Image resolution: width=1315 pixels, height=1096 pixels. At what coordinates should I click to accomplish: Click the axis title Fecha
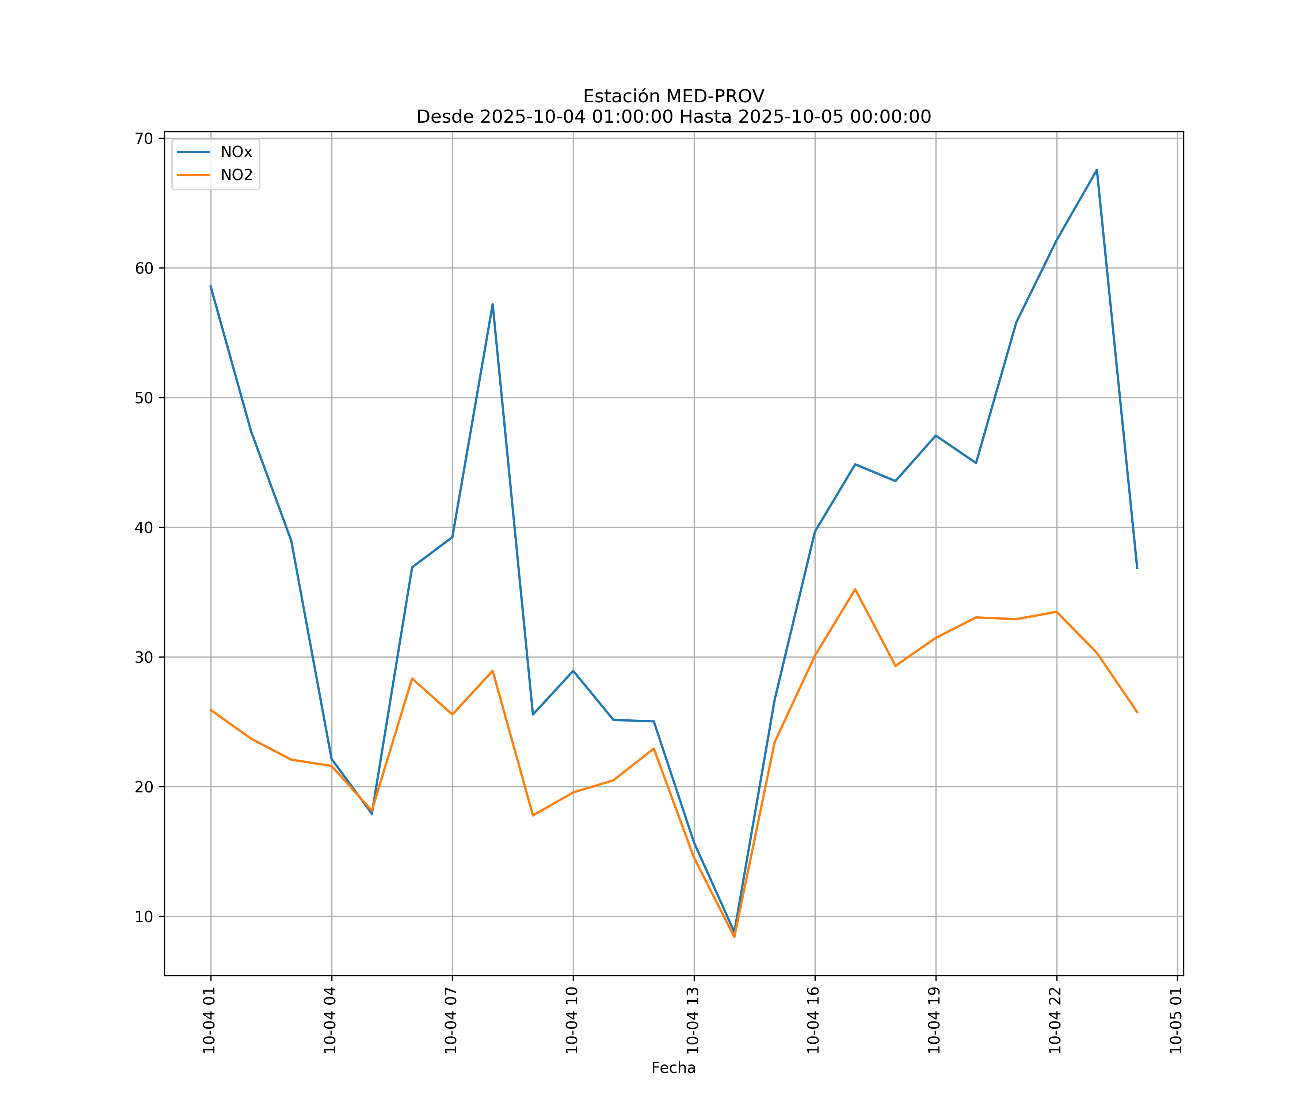673,1068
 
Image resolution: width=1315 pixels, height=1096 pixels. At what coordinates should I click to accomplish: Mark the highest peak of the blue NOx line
1097,170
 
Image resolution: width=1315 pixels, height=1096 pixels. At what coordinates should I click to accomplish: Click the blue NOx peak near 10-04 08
493,304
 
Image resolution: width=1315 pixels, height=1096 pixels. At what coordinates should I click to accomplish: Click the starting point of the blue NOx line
210,286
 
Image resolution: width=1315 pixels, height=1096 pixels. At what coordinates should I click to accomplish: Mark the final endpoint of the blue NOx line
1137,568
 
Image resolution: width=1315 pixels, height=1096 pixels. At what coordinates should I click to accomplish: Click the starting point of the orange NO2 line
210,709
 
